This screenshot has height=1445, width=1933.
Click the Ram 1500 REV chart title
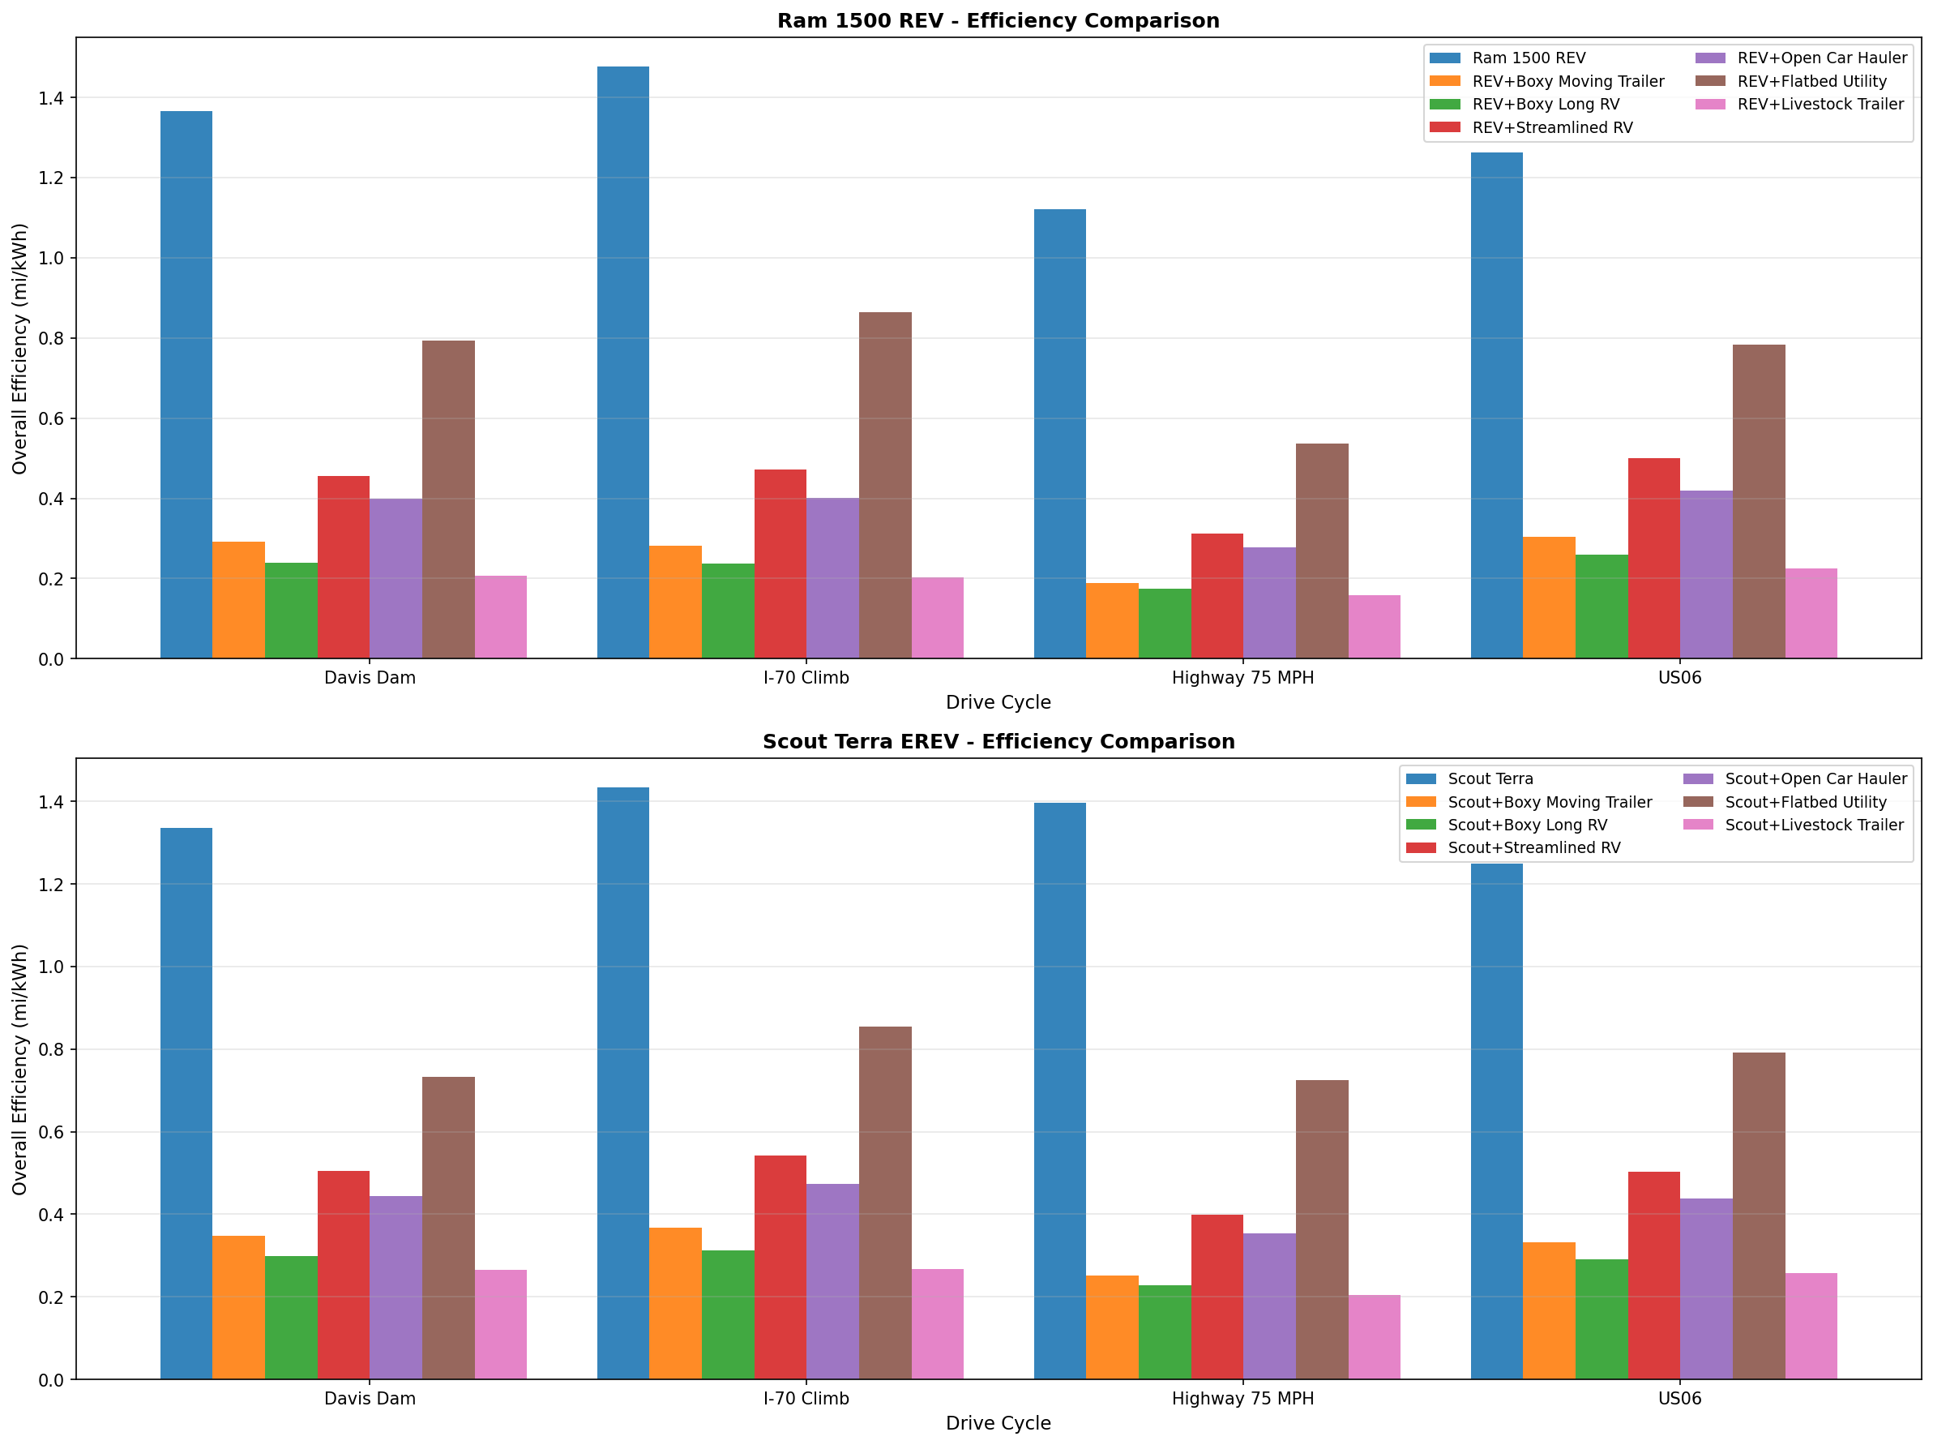[x=998, y=21]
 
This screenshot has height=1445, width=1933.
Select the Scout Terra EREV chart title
[x=998, y=741]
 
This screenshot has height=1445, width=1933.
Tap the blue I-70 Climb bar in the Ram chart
[x=623, y=362]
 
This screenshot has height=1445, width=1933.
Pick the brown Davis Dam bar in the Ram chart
[x=448, y=500]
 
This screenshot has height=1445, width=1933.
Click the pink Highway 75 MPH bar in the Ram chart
[x=1374, y=627]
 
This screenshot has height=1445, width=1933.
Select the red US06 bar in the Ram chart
[x=1653, y=558]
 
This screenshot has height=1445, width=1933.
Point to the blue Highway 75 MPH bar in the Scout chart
[x=1060, y=1090]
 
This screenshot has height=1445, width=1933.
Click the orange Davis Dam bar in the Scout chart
[x=238, y=1307]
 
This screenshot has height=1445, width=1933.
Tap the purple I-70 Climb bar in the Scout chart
[x=833, y=1280]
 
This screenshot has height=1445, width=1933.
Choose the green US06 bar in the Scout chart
[x=1601, y=1319]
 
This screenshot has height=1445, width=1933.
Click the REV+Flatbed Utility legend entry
[x=1811, y=81]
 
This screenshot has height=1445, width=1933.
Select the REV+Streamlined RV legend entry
[x=1552, y=127]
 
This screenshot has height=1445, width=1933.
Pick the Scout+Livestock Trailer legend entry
[x=1813, y=825]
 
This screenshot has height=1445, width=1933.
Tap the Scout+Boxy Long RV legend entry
[x=1527, y=825]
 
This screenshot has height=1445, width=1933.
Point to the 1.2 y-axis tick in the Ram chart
[x=52, y=178]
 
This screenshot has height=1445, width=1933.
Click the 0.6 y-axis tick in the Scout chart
[x=52, y=1132]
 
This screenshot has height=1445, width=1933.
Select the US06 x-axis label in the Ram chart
[x=1679, y=677]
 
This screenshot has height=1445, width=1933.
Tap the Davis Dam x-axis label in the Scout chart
[x=370, y=1398]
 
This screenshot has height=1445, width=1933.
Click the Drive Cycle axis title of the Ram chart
[x=998, y=702]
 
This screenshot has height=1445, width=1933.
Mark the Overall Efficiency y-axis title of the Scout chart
[x=20, y=1069]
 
